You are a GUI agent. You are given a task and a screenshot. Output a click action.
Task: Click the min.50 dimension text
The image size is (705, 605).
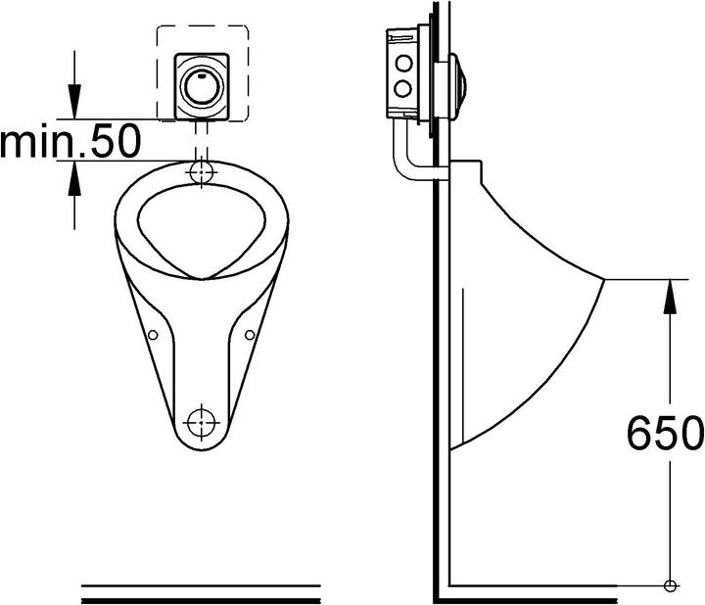point(70,143)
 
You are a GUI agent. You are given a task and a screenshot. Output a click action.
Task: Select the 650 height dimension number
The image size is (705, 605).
point(664,432)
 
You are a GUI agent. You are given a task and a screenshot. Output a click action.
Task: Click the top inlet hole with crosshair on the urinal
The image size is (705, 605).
point(203,172)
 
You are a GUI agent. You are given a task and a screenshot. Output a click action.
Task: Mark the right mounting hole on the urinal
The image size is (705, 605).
point(250,335)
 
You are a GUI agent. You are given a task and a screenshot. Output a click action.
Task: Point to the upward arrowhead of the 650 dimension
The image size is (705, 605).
point(669,293)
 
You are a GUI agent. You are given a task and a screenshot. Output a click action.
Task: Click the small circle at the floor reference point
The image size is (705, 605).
point(669,586)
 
